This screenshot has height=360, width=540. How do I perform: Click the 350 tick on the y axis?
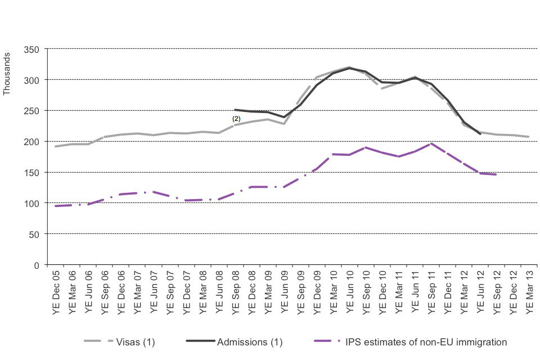(x=31, y=49)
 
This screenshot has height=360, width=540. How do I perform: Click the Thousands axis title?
(x=7, y=74)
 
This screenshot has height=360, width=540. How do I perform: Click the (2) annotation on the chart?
(x=236, y=119)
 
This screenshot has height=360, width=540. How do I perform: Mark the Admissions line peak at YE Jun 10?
(x=350, y=68)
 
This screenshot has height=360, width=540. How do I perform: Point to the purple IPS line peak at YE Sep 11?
(x=431, y=143)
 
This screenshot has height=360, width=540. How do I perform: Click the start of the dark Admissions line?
(x=235, y=110)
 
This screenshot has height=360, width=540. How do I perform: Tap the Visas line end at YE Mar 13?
(x=529, y=137)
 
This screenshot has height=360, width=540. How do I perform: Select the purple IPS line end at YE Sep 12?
(x=496, y=174)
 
